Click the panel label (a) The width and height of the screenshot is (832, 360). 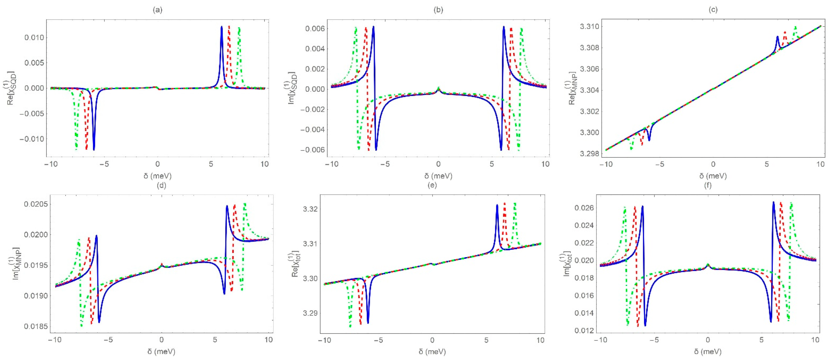(157, 10)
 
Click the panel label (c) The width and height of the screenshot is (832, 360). (713, 10)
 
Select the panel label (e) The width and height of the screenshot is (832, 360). (432, 185)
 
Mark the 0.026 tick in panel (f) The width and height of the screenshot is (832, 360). (584, 208)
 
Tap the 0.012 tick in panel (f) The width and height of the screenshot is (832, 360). (584, 331)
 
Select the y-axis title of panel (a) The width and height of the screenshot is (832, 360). (12, 88)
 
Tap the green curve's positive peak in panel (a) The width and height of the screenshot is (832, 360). (239, 28)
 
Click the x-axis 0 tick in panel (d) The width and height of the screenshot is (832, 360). (161, 340)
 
